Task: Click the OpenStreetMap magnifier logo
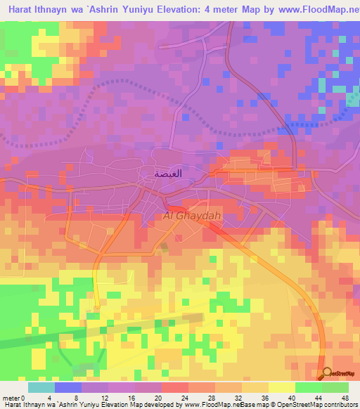[326, 374]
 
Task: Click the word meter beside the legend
[11, 397]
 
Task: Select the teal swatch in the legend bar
[41, 387]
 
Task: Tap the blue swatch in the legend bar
[68, 387]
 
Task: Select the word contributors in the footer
[341, 405]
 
